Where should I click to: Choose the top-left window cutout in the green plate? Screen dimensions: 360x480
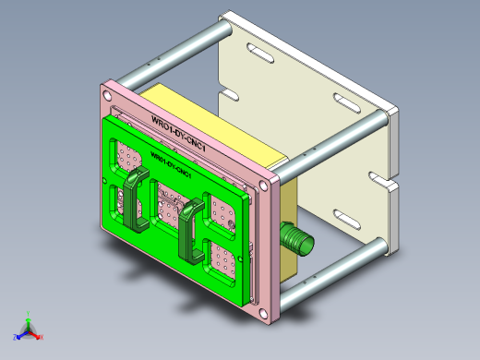(126, 153)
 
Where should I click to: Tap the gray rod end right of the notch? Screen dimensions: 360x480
(381, 117)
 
